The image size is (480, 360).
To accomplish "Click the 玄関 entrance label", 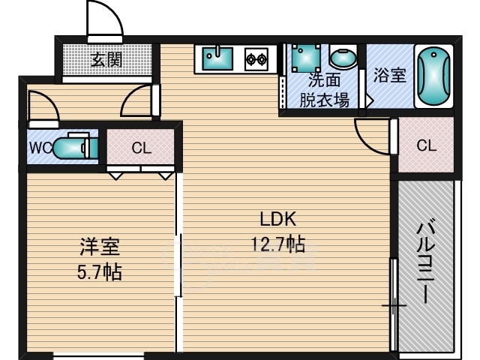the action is click(106, 60).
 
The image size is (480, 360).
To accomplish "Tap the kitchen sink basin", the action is click(217, 58).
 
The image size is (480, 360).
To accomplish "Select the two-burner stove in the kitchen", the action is click(256, 58).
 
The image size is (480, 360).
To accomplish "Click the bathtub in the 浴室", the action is click(433, 76).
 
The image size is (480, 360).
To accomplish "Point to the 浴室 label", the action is click(390, 75).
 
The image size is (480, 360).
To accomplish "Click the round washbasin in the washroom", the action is click(343, 57).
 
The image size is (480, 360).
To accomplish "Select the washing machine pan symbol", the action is click(306, 58).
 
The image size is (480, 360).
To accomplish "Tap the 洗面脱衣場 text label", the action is click(324, 90).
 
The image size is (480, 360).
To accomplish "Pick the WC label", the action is click(40, 148).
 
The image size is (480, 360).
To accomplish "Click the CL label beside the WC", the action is click(142, 148).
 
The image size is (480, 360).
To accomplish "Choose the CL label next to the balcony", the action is click(427, 145).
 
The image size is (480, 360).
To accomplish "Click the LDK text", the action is click(278, 219).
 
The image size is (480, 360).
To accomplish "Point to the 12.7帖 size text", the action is click(278, 244).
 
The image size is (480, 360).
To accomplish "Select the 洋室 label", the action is click(100, 247).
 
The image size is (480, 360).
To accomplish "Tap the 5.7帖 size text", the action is click(100, 271).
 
